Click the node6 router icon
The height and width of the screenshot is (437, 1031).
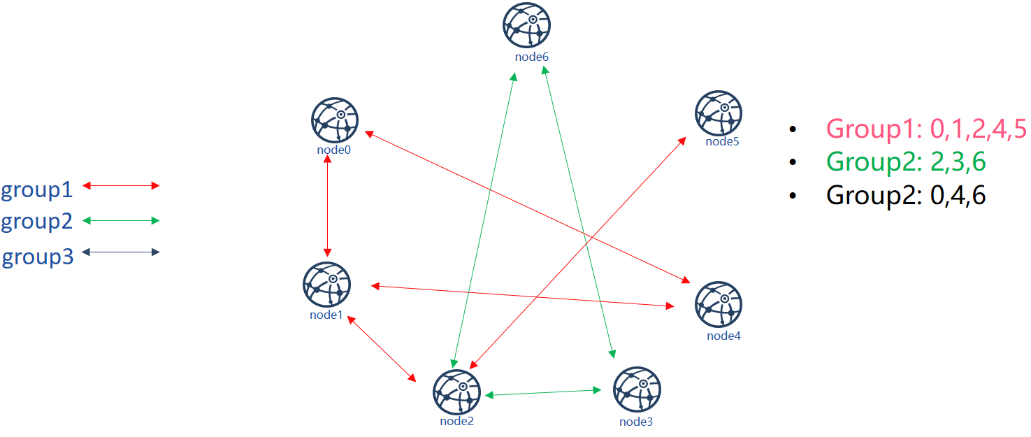coord(526,25)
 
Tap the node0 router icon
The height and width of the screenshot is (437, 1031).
coord(335,120)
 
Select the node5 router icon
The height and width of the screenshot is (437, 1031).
coord(718,113)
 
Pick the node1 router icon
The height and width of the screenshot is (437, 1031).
coord(327,285)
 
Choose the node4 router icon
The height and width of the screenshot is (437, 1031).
coord(718,304)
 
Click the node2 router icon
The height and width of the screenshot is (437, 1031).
coord(456,392)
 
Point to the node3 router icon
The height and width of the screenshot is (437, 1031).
coord(637,389)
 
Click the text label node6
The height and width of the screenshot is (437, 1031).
coord(532,57)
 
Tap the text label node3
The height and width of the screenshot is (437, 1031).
coord(635,422)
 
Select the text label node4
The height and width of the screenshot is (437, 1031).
coord(723,336)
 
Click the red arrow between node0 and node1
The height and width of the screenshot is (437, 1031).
coord(327,206)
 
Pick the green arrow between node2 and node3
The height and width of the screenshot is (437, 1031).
coord(544,393)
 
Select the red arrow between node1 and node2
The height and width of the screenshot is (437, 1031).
coord(382,349)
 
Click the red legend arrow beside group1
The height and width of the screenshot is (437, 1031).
coord(121,185)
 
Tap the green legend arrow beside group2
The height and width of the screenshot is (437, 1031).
coord(121,220)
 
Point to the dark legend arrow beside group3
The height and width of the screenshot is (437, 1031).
coord(121,252)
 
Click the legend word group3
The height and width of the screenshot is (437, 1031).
coord(38,257)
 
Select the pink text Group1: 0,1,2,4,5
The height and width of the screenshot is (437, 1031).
coord(926,129)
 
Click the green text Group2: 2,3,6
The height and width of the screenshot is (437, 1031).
coord(906,162)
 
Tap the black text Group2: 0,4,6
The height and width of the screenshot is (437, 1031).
coord(906,195)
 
